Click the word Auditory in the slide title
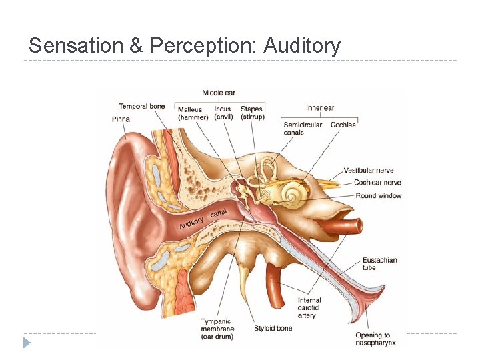[x=302, y=46]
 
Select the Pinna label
[x=121, y=119]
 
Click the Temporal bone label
[x=142, y=106]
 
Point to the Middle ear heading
[x=219, y=93]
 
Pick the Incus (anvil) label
[x=223, y=113]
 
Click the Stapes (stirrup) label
[x=252, y=113]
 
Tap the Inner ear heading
[x=320, y=107]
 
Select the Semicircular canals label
[x=303, y=128]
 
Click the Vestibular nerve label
[x=369, y=171]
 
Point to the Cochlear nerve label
[x=377, y=182]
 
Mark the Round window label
[x=379, y=195]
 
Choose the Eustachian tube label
[x=379, y=263]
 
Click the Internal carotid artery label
[x=309, y=308]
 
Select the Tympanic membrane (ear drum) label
[x=217, y=329]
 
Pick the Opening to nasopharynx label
[x=376, y=339]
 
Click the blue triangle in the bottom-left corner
[x=27, y=343]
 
